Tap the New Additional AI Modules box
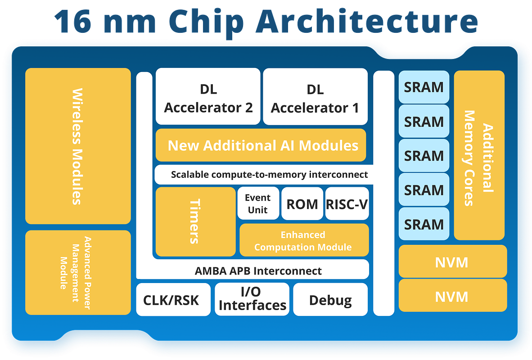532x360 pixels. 261,145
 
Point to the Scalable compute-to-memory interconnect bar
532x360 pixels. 269,175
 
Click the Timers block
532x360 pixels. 195,222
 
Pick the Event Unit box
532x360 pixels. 258,203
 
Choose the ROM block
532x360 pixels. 302,204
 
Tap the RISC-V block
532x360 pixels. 347,204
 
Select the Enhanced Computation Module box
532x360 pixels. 304,241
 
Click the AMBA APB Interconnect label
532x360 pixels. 258,271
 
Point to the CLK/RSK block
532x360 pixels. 173,300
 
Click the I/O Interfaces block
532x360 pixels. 252,299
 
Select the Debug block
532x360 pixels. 330,300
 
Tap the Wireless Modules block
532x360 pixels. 77,146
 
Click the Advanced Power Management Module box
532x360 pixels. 77,273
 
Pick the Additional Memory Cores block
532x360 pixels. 479,156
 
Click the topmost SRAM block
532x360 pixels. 424,87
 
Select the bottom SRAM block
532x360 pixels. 424,224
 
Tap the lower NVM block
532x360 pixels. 452,296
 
